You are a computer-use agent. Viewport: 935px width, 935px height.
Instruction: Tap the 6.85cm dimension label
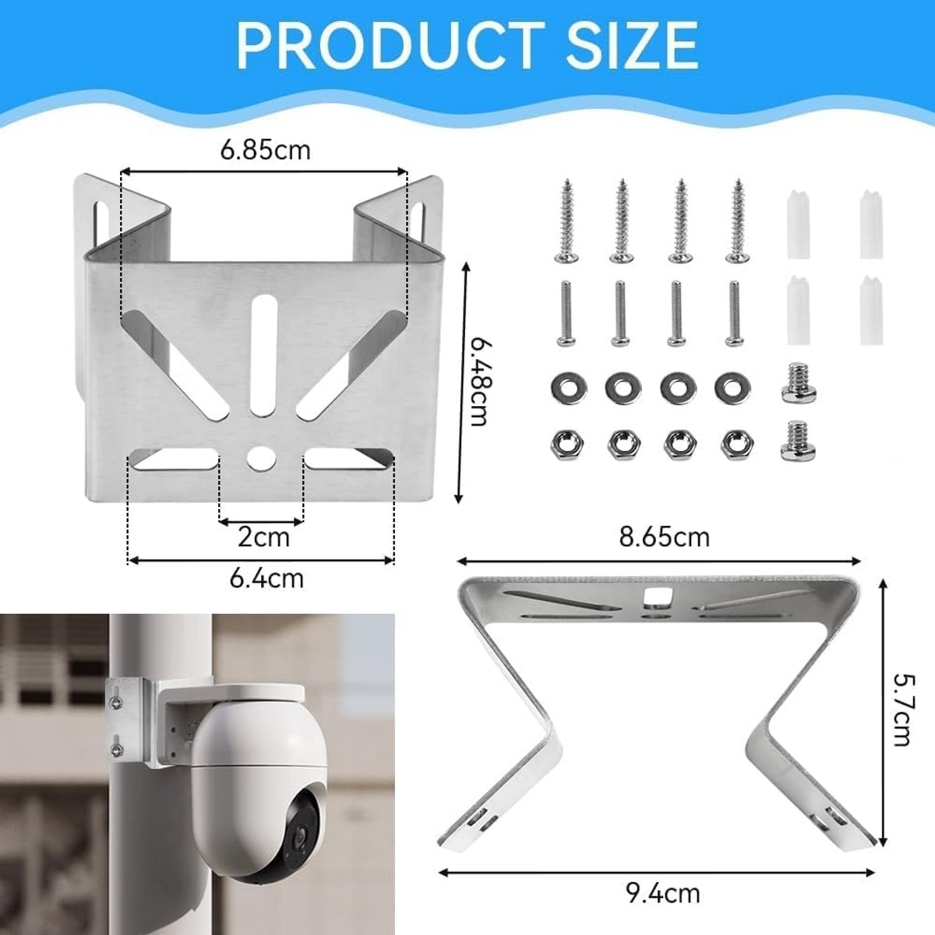coord(265,150)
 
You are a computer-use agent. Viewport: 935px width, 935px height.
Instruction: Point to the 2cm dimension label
coord(263,538)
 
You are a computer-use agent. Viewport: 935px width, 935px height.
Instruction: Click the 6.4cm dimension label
coord(266,579)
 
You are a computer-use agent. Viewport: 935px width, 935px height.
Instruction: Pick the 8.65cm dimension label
coord(665,538)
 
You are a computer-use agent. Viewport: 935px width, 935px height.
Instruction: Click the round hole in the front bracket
coord(259,457)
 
